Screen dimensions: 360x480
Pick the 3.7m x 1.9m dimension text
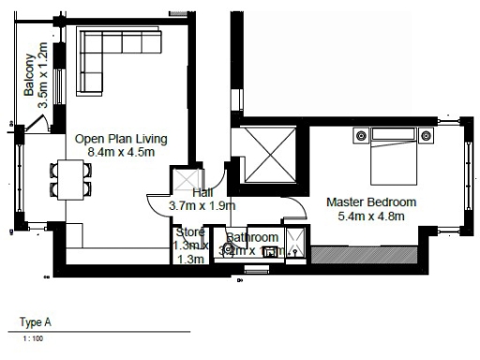202,205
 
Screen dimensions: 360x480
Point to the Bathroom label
252,238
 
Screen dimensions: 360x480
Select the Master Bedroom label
371,202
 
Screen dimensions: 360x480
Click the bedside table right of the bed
427,135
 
